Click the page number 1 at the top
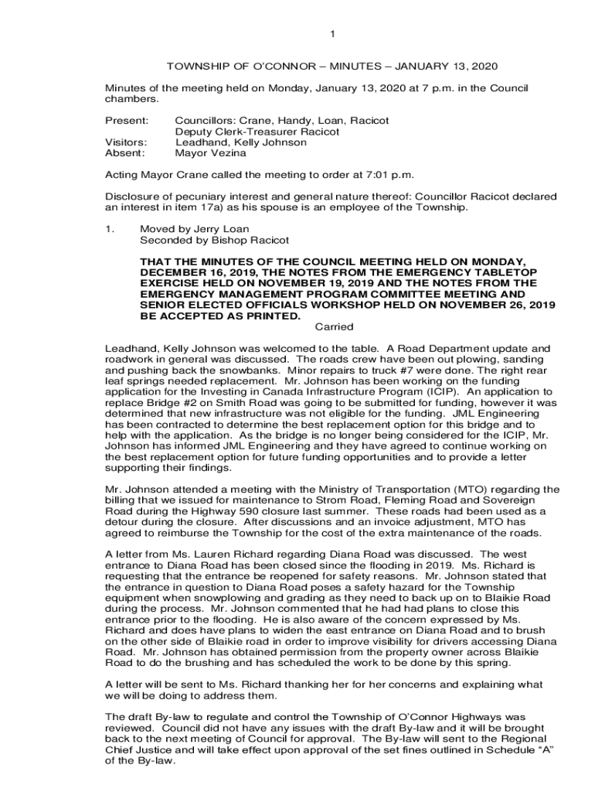tap(332, 33)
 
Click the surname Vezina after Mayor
tap(229, 154)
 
